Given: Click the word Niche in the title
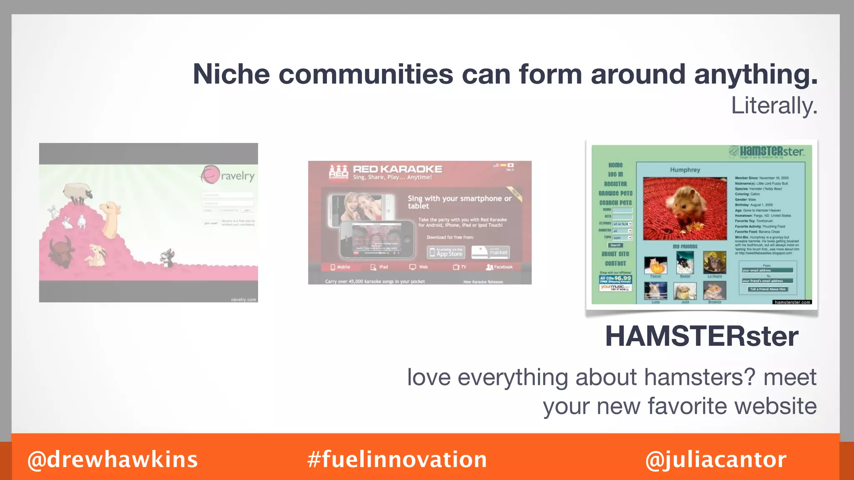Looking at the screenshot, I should [231, 75].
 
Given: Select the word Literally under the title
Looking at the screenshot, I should [774, 106].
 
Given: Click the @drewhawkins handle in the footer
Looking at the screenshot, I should [113, 460].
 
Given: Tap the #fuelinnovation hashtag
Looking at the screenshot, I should [397, 460].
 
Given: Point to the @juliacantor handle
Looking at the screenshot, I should [716, 460].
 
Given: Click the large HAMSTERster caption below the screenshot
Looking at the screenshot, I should [702, 336].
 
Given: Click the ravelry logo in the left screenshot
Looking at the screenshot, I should [228, 175].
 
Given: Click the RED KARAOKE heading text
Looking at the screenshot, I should [397, 169].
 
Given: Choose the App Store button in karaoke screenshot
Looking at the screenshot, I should [445, 252].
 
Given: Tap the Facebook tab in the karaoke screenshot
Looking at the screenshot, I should [500, 267].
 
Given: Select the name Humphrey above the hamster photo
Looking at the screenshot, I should [685, 170].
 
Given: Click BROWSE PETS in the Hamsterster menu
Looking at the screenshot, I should [615, 193].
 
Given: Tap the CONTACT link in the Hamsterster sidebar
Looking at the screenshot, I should [615, 263].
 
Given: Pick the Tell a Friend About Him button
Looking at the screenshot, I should [767, 289].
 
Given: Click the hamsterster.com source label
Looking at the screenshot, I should [792, 302].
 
